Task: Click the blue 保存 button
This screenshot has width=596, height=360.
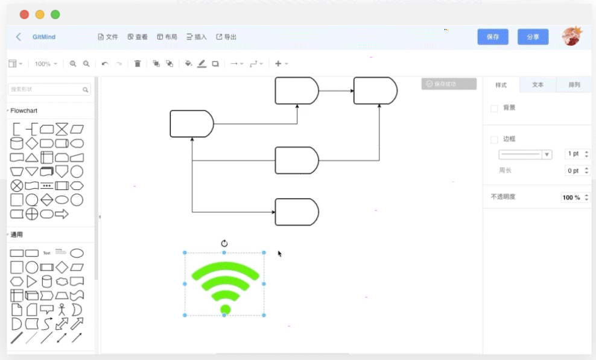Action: click(x=493, y=37)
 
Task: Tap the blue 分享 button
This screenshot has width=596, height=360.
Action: click(x=533, y=37)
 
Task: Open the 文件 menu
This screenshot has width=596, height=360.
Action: click(x=108, y=37)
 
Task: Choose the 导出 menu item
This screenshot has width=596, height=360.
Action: click(x=226, y=37)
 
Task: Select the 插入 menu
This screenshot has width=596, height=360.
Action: click(x=197, y=37)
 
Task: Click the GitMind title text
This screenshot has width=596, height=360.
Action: click(x=44, y=37)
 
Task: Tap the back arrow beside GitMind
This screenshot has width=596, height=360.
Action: click(x=19, y=37)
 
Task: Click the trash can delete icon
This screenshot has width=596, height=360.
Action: click(x=138, y=63)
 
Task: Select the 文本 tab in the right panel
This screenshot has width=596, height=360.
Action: click(x=537, y=85)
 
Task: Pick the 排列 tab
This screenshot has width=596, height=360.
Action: click(x=574, y=85)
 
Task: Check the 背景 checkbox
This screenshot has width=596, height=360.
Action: click(x=495, y=109)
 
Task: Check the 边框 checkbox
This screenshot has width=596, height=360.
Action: click(x=495, y=140)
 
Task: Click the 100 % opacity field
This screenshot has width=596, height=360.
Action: click(x=571, y=197)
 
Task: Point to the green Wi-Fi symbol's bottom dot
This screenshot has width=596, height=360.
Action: click(x=226, y=309)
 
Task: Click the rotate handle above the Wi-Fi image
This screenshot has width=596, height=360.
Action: click(x=224, y=244)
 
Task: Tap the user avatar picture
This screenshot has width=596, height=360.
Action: click(x=571, y=36)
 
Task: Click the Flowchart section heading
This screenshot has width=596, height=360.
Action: click(x=24, y=111)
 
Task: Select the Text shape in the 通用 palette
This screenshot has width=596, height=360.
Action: click(x=46, y=253)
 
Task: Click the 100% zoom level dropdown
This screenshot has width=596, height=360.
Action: click(x=46, y=64)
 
